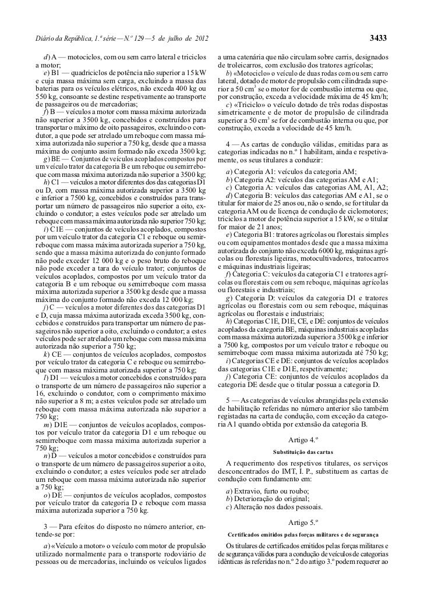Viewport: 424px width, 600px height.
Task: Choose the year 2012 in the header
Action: (x=197, y=39)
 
